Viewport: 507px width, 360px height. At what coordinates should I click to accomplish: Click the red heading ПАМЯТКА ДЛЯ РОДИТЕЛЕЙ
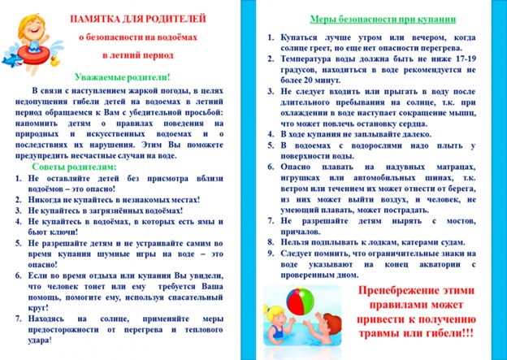[138, 19]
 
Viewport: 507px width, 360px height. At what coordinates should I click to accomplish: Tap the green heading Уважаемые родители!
[122, 78]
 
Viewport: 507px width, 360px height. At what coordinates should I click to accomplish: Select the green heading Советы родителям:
[74, 167]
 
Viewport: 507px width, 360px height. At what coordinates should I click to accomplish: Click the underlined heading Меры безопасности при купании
[383, 20]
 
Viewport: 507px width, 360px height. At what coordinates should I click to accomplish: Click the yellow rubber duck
[54, 60]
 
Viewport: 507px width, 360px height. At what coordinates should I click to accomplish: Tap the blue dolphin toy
[11, 60]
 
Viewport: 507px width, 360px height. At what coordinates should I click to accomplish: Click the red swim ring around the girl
[33, 55]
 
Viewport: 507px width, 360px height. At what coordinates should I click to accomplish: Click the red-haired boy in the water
[325, 330]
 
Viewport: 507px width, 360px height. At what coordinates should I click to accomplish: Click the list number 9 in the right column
[271, 254]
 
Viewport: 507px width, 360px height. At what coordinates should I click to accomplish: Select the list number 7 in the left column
[18, 319]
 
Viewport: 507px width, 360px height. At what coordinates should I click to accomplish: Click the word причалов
[301, 232]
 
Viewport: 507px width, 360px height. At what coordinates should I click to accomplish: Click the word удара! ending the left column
[40, 340]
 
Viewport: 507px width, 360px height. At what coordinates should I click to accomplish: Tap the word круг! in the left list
[38, 308]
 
